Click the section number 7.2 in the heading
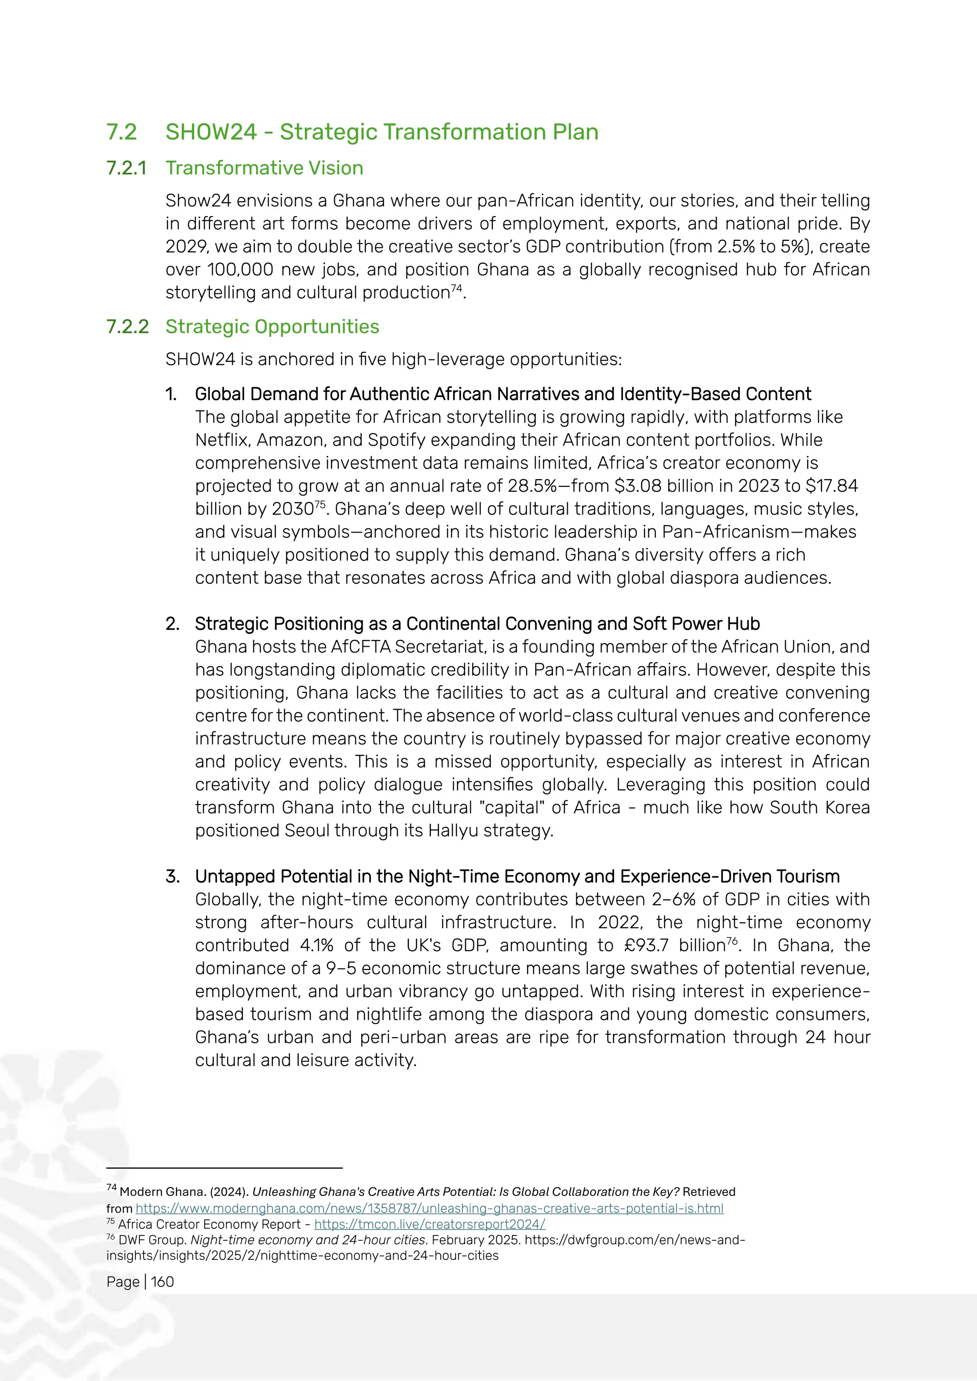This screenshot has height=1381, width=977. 122,132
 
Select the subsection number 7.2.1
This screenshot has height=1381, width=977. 126,168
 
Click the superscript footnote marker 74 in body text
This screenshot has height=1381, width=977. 457,288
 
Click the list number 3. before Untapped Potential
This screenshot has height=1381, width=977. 172,876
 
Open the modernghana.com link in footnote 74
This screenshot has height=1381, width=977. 429,1208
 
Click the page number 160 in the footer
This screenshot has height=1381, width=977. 162,1282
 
